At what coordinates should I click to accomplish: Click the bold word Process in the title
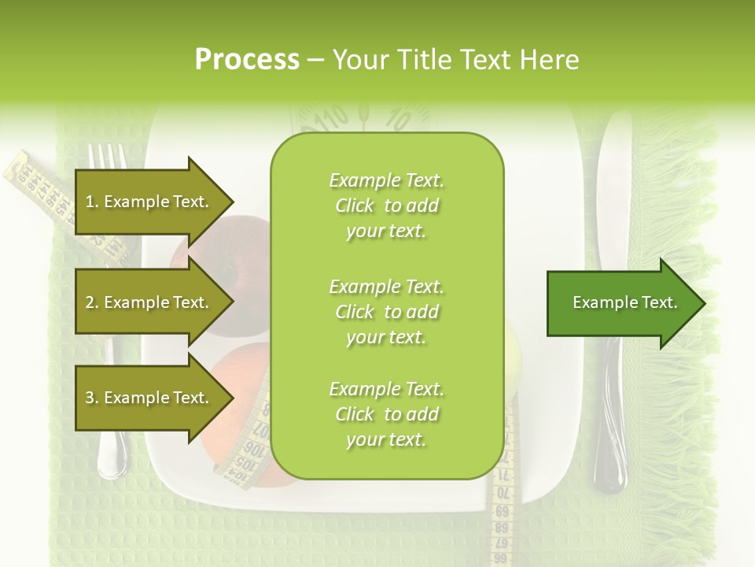pos(247,60)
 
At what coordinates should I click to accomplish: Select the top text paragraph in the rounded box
pos(386,206)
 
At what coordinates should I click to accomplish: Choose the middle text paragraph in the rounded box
pos(386,312)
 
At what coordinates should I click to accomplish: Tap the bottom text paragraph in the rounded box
pos(386,415)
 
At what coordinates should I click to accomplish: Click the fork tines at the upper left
pos(107,157)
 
